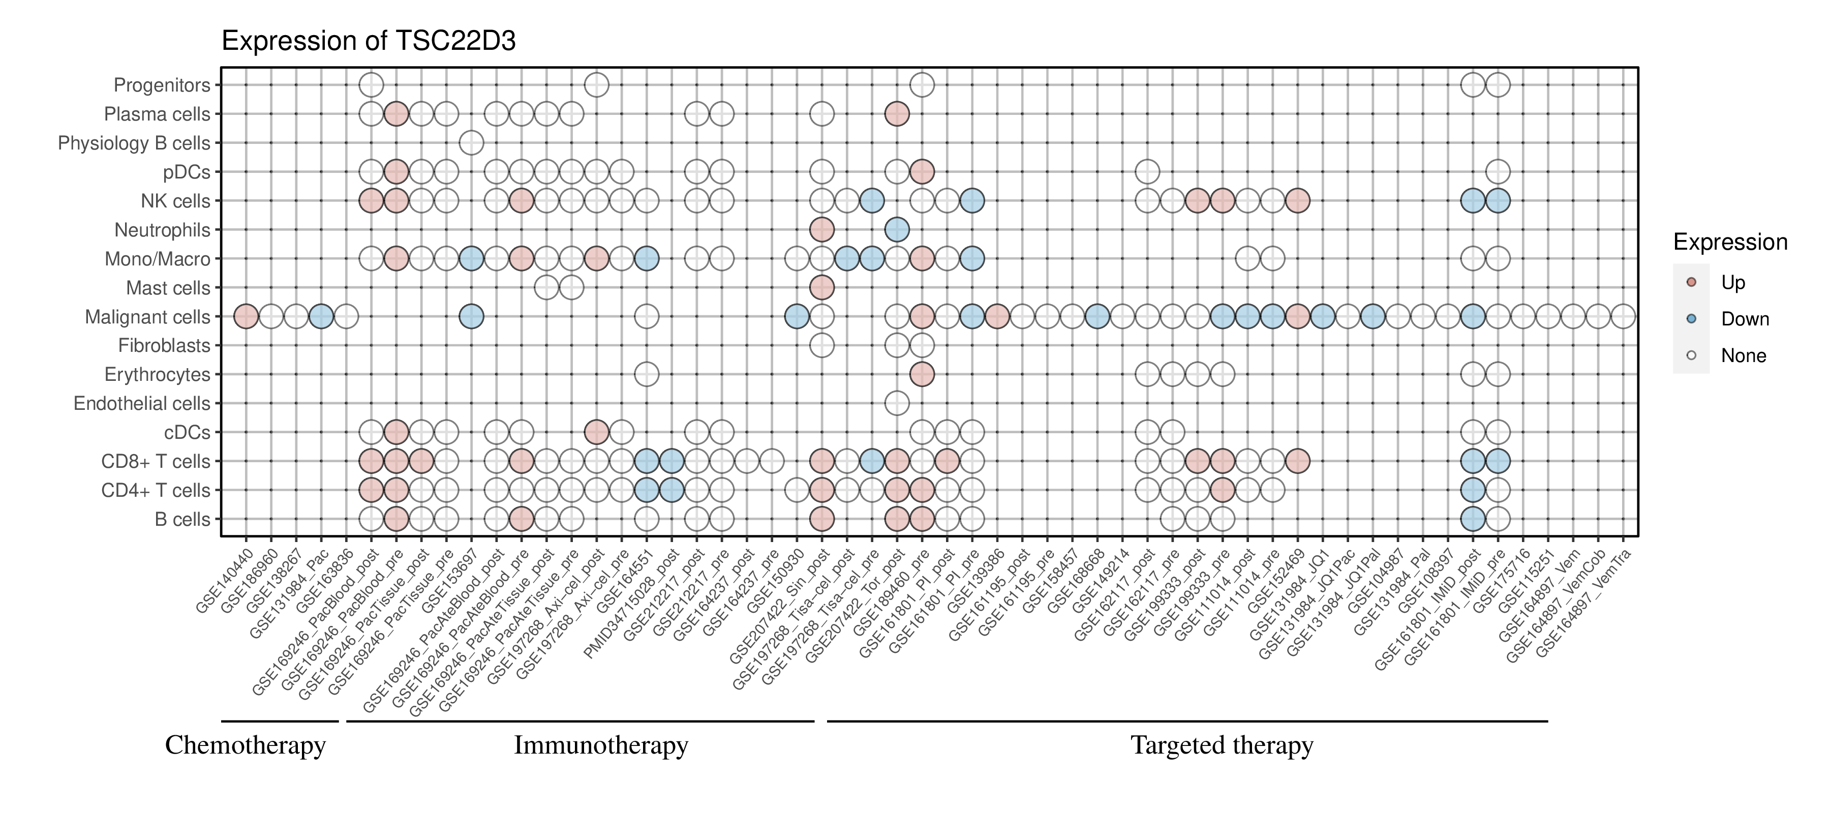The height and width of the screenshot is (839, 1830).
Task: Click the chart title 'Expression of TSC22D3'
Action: pos(368,41)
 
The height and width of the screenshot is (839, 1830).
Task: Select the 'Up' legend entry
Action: pos(1733,283)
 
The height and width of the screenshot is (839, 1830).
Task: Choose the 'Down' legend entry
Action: pos(1744,319)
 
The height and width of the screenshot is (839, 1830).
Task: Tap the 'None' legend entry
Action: pos(1743,356)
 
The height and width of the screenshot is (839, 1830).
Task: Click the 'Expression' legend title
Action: pos(1730,242)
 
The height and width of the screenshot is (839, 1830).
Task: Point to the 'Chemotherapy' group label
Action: pos(245,745)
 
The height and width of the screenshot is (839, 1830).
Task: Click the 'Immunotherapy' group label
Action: pos(600,745)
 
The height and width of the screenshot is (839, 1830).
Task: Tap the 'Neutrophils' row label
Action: pos(162,230)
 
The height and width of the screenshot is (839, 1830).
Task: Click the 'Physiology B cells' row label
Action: pos(134,143)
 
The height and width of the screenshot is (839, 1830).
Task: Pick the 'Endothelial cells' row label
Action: pos(142,404)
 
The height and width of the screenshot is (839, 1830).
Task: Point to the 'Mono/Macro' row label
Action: pos(157,259)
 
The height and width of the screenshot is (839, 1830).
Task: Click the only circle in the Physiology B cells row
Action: pos(471,143)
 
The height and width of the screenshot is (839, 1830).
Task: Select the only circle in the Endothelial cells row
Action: pos(897,404)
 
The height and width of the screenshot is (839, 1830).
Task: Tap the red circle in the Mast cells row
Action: pos(821,288)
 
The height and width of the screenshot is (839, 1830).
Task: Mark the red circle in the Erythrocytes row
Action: pos(922,374)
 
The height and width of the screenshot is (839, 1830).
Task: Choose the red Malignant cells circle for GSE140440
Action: pos(246,316)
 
